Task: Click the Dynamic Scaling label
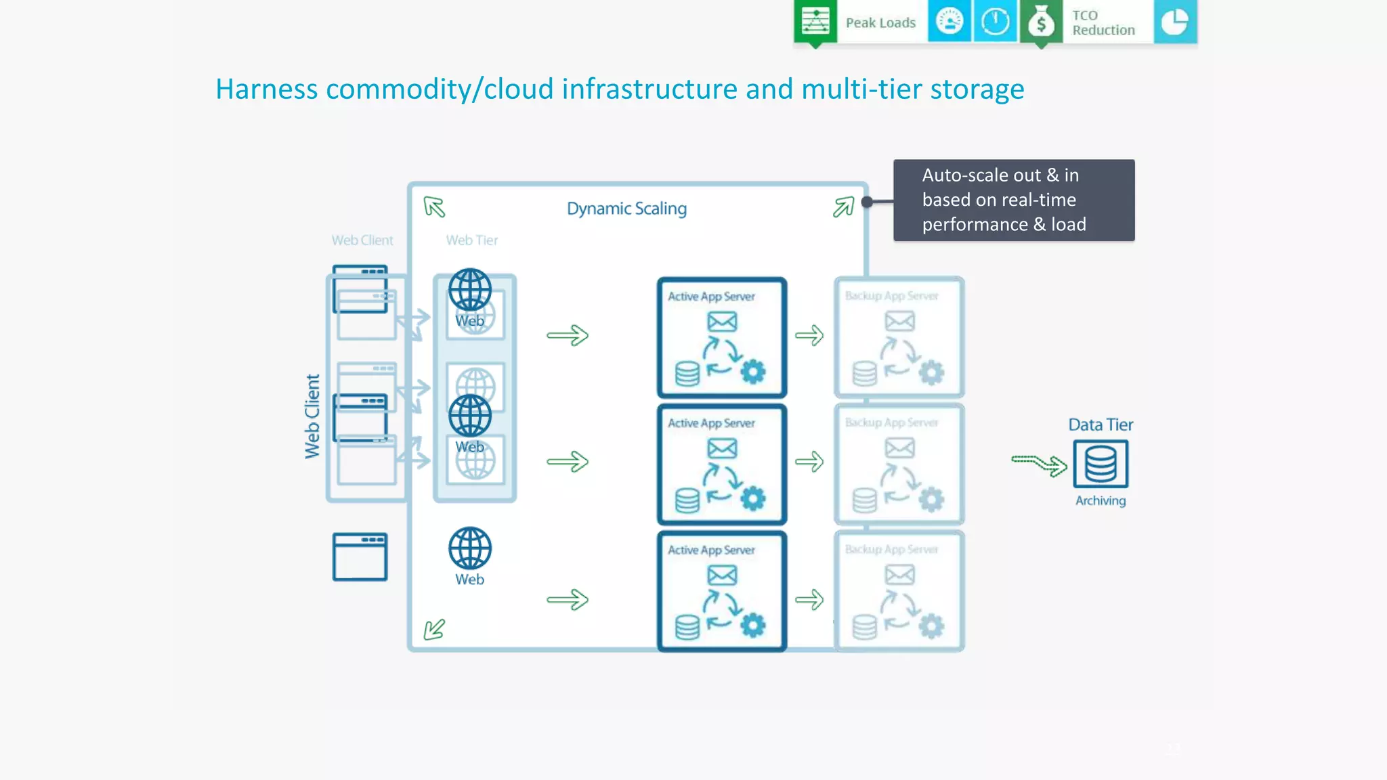[626, 209]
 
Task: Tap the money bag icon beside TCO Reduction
[1041, 22]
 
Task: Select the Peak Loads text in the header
[880, 23]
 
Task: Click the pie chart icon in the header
[1174, 22]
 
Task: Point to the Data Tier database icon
[1101, 464]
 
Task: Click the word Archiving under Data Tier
[1101, 501]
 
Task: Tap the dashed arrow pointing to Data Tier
[1039, 464]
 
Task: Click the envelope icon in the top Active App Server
[722, 322]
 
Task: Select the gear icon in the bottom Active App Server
[753, 625]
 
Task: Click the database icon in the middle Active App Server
[687, 500]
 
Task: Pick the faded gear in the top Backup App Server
[931, 372]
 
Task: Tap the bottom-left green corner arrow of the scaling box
[434, 629]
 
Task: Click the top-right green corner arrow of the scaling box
[843, 207]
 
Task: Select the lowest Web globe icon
[470, 548]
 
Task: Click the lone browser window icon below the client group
[360, 557]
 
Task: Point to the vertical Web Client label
[312, 416]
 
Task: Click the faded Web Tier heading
[471, 240]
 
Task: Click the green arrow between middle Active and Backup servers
[809, 462]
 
